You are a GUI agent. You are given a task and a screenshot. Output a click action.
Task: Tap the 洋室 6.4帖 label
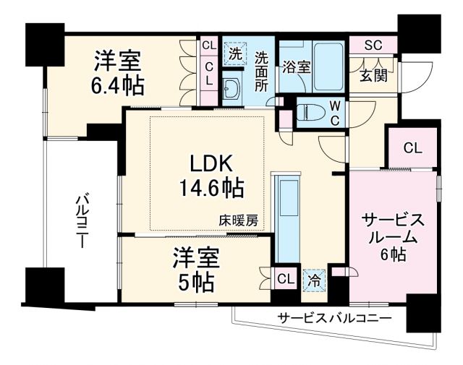click(116, 73)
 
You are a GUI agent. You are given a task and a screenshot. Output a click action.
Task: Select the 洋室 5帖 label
click(195, 270)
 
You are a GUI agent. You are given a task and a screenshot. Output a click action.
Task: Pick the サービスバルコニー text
click(334, 318)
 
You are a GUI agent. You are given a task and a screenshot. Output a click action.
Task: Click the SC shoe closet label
click(373, 45)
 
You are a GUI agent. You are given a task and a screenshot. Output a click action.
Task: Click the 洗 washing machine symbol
click(234, 52)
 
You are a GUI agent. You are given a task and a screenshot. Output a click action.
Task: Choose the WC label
click(335, 111)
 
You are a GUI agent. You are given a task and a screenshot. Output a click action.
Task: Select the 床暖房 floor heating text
click(239, 221)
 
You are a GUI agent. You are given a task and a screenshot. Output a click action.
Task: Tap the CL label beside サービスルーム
click(412, 149)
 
